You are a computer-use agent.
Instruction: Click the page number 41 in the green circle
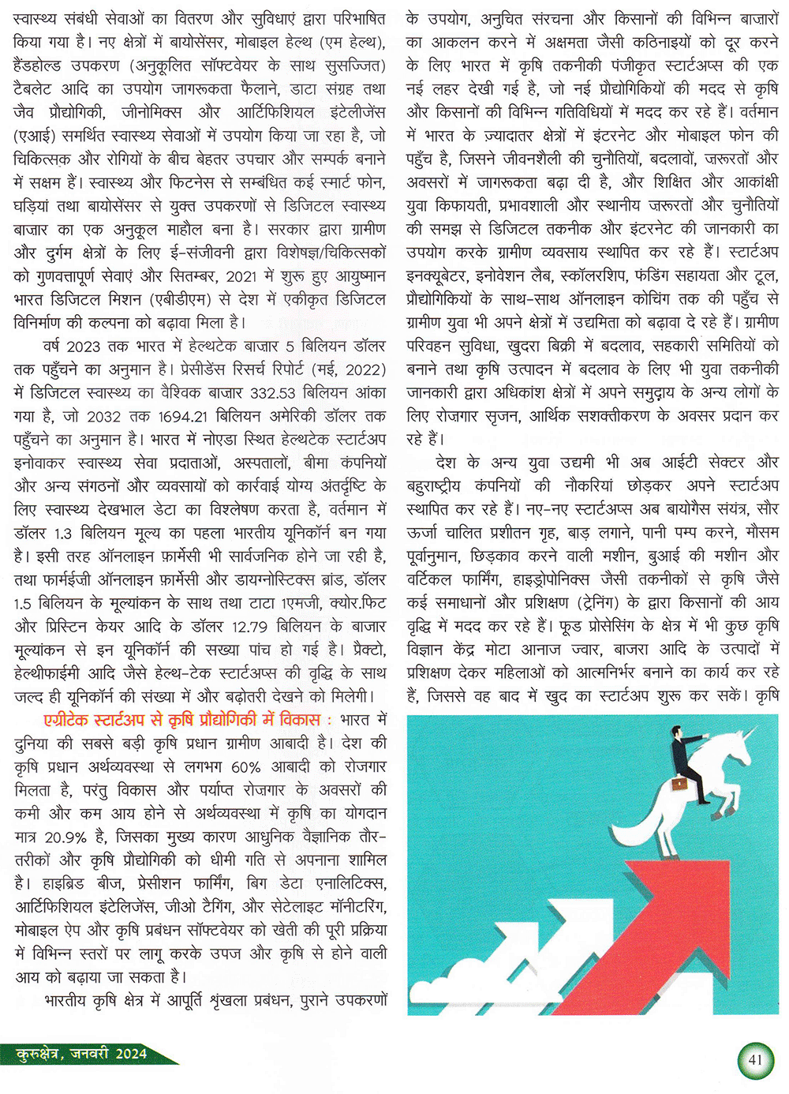point(755,1059)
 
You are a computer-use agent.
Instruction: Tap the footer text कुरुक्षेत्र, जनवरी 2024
point(82,1054)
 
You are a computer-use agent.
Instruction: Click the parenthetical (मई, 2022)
point(339,369)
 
